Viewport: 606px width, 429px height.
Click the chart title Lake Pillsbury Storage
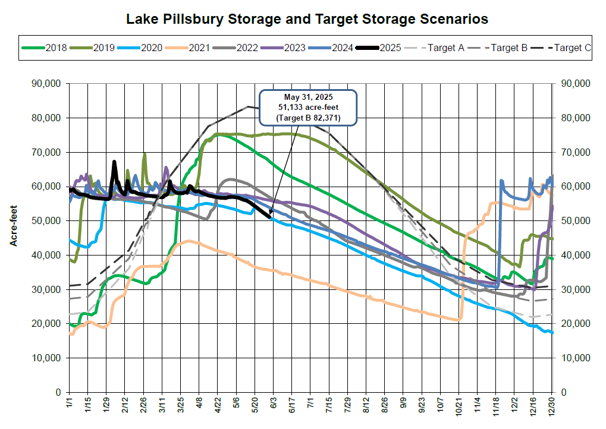click(307, 19)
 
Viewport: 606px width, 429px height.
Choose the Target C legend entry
click(572, 48)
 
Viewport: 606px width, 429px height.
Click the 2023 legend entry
click(293, 48)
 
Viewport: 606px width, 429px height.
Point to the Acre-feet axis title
click(12, 226)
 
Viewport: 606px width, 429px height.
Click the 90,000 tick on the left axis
click(45, 83)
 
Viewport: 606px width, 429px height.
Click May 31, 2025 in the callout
click(307, 97)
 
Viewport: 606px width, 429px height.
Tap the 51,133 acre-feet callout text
click(307, 108)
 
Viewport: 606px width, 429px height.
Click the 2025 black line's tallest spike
click(114, 162)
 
